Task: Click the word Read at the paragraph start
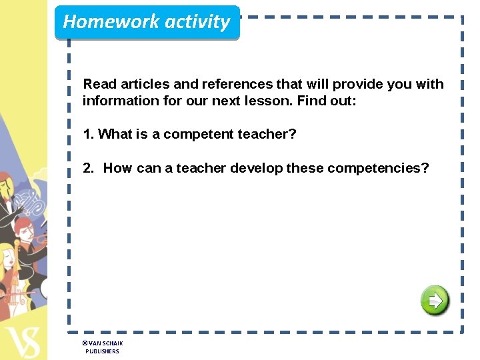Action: (98, 84)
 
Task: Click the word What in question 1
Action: (115, 134)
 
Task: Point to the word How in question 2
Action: (118, 168)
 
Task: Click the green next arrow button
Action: (435, 301)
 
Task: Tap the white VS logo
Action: (21, 341)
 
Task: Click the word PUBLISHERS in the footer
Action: (102, 351)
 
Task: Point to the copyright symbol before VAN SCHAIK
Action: (85, 343)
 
